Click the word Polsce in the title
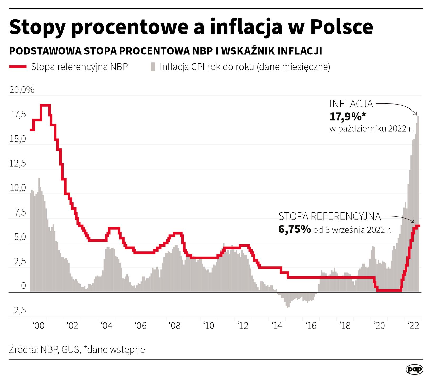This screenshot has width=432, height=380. (x=341, y=27)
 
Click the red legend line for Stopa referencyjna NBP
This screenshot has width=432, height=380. (x=18, y=67)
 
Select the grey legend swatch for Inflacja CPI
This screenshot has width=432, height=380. (x=153, y=67)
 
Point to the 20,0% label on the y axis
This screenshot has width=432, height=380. (x=22, y=90)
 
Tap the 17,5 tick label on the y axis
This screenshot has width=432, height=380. (x=18, y=115)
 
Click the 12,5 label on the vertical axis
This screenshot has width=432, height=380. (x=18, y=164)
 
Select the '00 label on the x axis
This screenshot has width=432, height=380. (x=39, y=326)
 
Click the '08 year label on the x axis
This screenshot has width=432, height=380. (x=175, y=326)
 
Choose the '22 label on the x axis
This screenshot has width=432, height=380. (x=413, y=326)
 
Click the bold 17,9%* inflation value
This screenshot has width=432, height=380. (x=348, y=117)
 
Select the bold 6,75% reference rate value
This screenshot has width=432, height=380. (x=295, y=229)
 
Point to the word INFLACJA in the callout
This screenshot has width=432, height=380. (x=351, y=104)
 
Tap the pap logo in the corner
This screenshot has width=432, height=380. (x=414, y=369)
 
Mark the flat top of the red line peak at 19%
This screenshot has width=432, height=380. (x=45, y=105)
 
